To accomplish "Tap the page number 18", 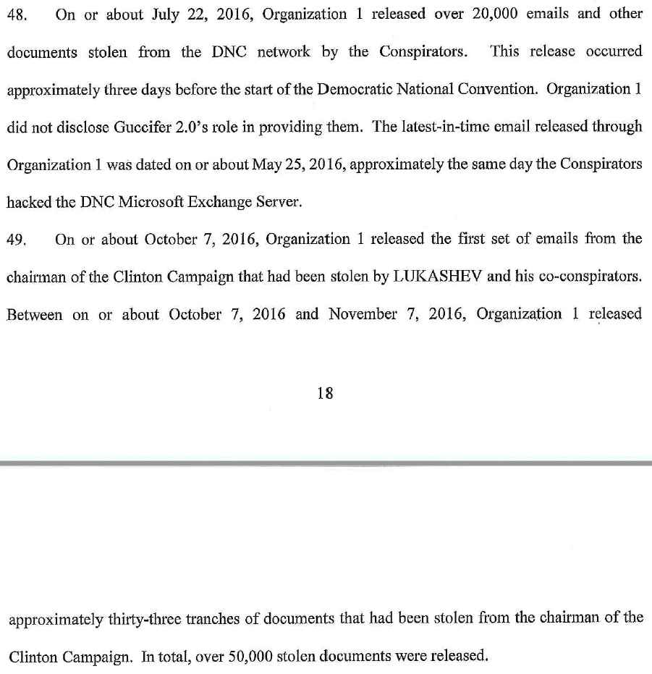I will [326, 393].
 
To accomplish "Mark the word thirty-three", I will [130, 619].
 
